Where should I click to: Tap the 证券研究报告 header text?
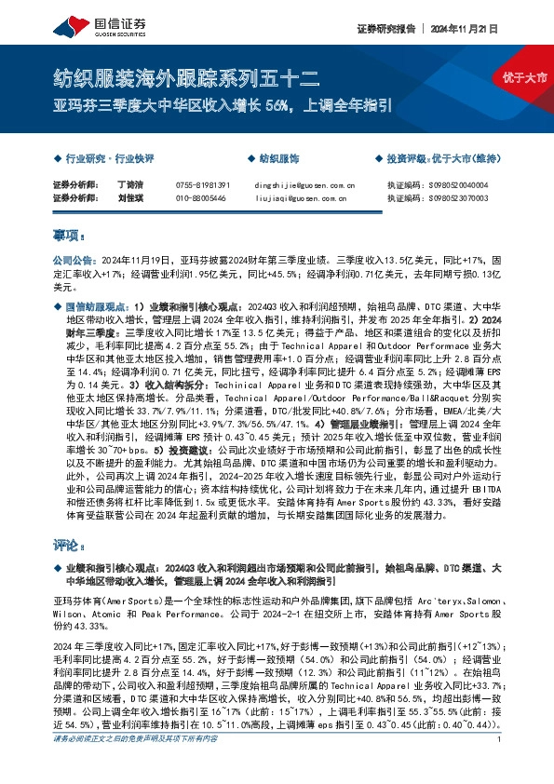385,29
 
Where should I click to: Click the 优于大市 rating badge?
526,75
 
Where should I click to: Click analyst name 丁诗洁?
130,185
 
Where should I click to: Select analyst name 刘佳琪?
130,198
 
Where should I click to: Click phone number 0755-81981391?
202,185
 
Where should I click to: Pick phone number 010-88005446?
200,198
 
